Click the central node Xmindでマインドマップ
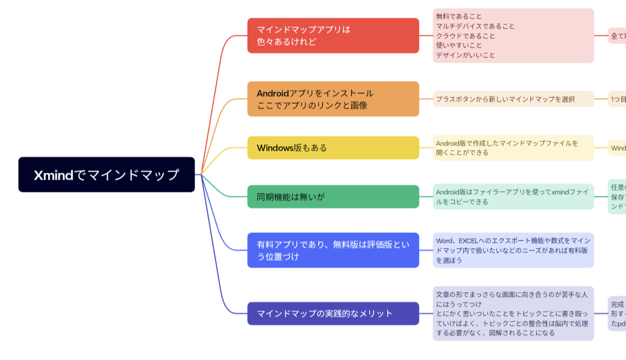tap(107, 174)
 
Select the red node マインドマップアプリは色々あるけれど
tap(333, 35)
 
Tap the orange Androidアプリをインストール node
tap(333, 99)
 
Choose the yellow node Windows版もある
tap(333, 148)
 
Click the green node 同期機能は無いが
tap(333, 197)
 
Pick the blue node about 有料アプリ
tap(333, 250)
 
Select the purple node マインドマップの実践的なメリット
tap(333, 314)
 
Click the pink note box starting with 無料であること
tap(513, 35)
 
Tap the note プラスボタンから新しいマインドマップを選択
tap(513, 99)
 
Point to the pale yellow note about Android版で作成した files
tap(513, 148)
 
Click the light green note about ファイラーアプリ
tap(513, 197)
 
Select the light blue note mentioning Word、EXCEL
tap(513, 250)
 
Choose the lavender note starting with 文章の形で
tap(513, 313)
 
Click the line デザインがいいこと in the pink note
tap(465, 56)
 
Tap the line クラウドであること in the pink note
tap(465, 36)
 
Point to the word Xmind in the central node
tap(53, 175)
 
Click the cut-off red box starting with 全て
tap(617, 36)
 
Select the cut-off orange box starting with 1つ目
tap(617, 99)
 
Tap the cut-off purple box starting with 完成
tap(617, 313)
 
